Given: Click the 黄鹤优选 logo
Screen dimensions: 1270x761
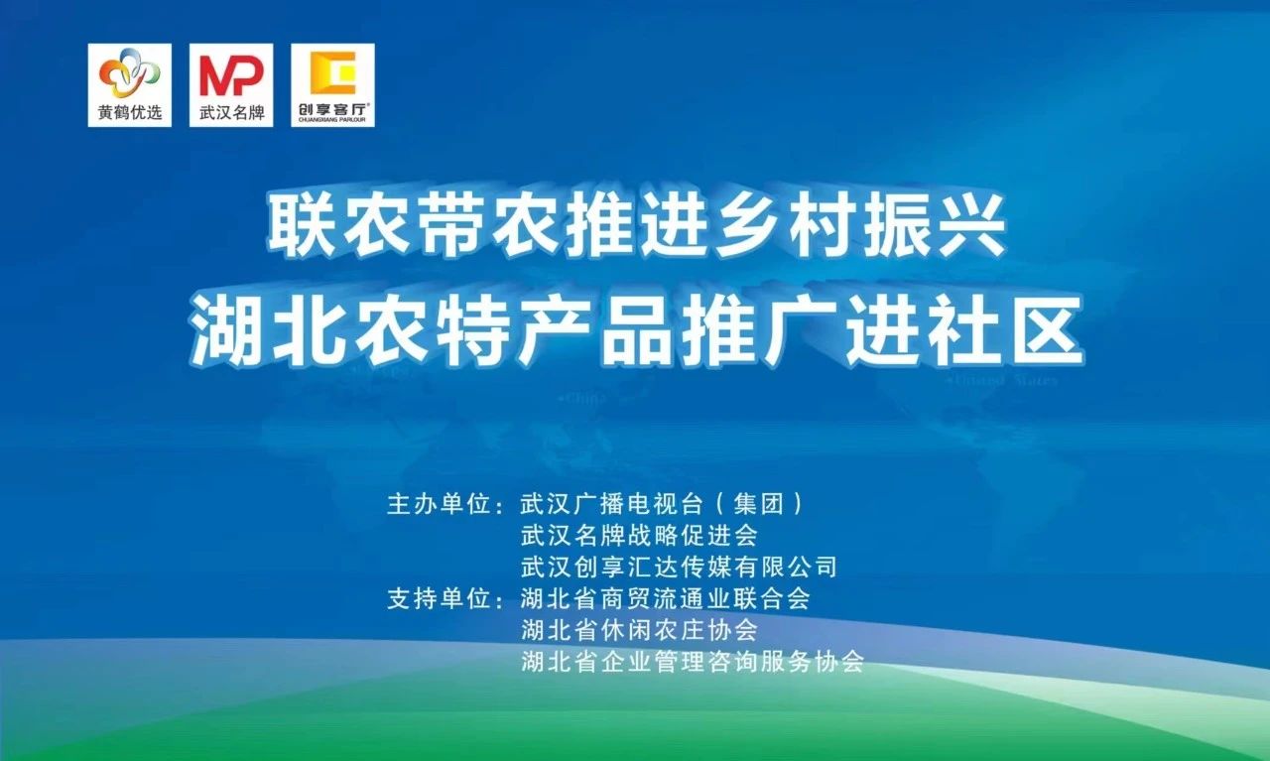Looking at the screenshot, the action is [x=129, y=85].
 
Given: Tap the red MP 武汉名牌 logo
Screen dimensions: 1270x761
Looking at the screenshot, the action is [x=231, y=85].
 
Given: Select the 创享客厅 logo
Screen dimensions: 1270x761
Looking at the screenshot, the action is [x=332, y=85].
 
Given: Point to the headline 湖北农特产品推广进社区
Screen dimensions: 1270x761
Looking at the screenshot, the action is [x=636, y=330].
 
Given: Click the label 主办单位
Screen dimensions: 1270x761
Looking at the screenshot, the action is [x=439, y=504].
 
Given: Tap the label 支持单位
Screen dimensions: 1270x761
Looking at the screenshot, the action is [x=439, y=599].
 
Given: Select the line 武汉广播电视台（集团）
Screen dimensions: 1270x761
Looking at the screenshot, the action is [x=662, y=504].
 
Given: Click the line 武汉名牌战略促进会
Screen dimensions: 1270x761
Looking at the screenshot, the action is [x=639, y=536].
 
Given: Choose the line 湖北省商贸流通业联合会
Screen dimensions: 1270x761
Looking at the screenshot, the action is [x=666, y=599].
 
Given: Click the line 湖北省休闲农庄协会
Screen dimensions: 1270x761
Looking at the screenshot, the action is [x=639, y=630].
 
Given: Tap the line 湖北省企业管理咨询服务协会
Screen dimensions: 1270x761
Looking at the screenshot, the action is [x=693, y=662].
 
